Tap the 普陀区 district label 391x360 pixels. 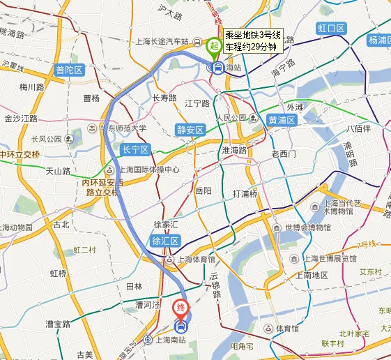point(70,70)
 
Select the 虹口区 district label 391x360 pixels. point(331,28)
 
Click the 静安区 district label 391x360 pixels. point(190,130)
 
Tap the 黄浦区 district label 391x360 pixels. point(282,120)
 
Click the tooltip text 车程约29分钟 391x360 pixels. point(252,46)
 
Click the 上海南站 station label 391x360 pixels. point(171,340)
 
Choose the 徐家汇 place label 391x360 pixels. point(166,225)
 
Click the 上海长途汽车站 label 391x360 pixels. point(161,41)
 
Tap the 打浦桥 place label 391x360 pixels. point(245,193)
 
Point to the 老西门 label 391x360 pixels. point(284,153)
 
